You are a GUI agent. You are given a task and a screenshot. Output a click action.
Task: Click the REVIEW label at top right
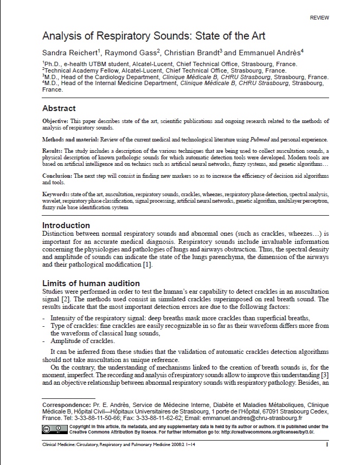coord(319,18)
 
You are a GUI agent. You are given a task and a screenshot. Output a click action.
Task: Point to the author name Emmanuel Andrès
coord(269,53)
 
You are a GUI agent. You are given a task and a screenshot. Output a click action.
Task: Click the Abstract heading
coord(59,108)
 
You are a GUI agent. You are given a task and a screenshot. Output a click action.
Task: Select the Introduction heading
coord(66,225)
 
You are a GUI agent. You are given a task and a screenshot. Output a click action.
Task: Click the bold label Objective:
coord(56,121)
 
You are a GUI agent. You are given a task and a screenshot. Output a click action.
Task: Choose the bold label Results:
coord(53,151)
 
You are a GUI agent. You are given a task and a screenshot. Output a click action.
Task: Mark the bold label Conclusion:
coord(57,176)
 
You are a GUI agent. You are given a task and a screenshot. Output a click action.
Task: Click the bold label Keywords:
coord(56,194)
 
